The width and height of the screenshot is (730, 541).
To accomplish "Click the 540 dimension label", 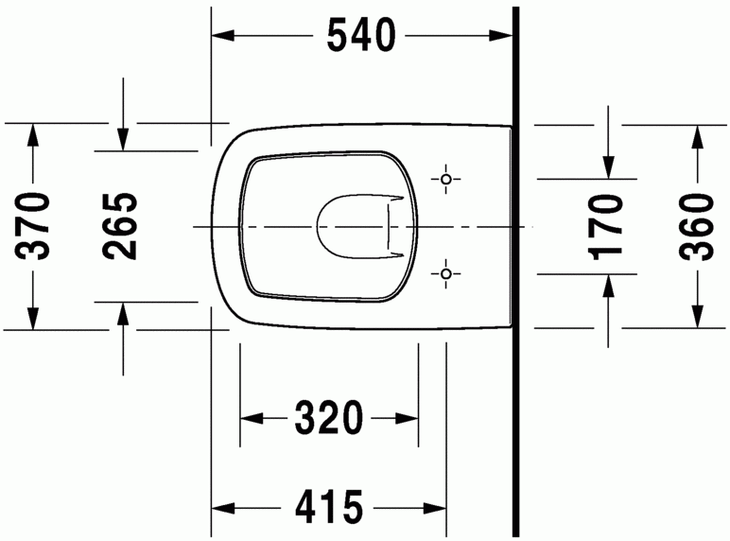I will pos(359,37).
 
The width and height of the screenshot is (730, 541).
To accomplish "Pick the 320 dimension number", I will pos(328,416).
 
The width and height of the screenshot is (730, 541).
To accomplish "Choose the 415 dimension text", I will pos(328,508).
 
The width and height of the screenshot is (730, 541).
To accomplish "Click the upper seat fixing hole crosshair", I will pos(446,179).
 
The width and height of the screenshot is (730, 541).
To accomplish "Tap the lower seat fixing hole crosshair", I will pos(446,274).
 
